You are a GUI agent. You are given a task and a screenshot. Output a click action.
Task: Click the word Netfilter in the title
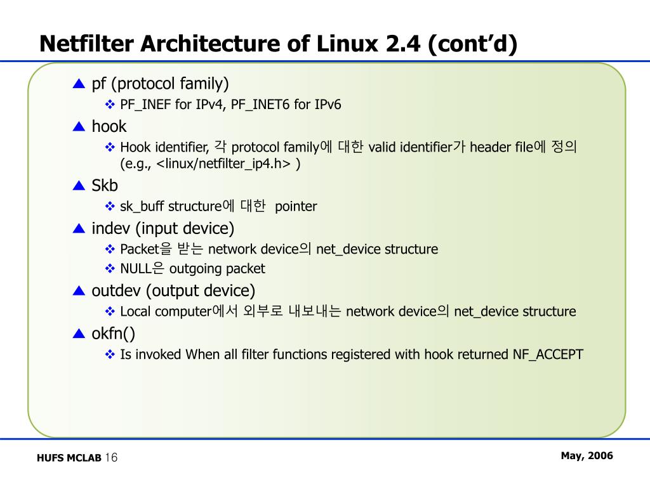click(x=87, y=44)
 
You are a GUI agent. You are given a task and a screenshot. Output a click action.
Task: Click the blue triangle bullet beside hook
click(x=79, y=127)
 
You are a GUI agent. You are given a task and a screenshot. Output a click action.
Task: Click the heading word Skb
click(x=105, y=186)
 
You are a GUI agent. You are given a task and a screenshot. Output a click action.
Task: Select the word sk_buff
click(x=140, y=207)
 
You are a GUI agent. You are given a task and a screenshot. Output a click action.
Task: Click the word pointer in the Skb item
click(x=296, y=207)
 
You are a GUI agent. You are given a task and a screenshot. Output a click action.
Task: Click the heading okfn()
click(x=114, y=334)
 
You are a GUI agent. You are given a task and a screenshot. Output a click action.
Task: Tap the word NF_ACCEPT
click(x=548, y=354)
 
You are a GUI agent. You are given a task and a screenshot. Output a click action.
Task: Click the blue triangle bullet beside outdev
click(x=79, y=291)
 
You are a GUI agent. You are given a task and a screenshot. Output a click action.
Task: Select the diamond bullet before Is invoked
click(x=109, y=354)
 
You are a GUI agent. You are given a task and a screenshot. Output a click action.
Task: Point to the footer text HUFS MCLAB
click(x=69, y=458)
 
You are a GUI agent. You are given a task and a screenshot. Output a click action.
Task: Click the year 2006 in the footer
click(x=600, y=456)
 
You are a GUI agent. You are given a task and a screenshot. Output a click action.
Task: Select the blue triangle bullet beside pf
click(x=79, y=84)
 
